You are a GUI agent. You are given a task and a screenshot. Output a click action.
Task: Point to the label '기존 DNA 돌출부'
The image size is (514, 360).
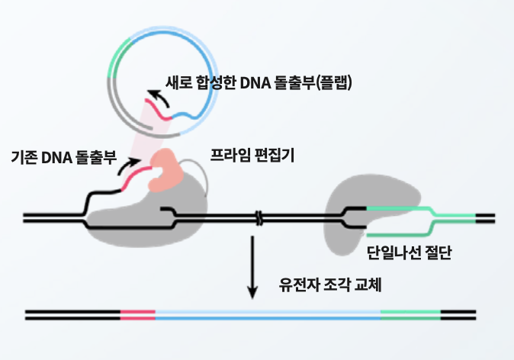coord(63,159)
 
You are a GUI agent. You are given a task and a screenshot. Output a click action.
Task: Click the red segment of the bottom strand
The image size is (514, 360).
coord(137,313)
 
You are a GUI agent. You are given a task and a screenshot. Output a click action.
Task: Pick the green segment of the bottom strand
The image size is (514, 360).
coord(410,313)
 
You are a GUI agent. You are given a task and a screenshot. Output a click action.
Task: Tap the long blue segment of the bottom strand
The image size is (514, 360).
coord(267,313)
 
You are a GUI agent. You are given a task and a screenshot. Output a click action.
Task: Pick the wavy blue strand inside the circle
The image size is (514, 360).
coord(189,114)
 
